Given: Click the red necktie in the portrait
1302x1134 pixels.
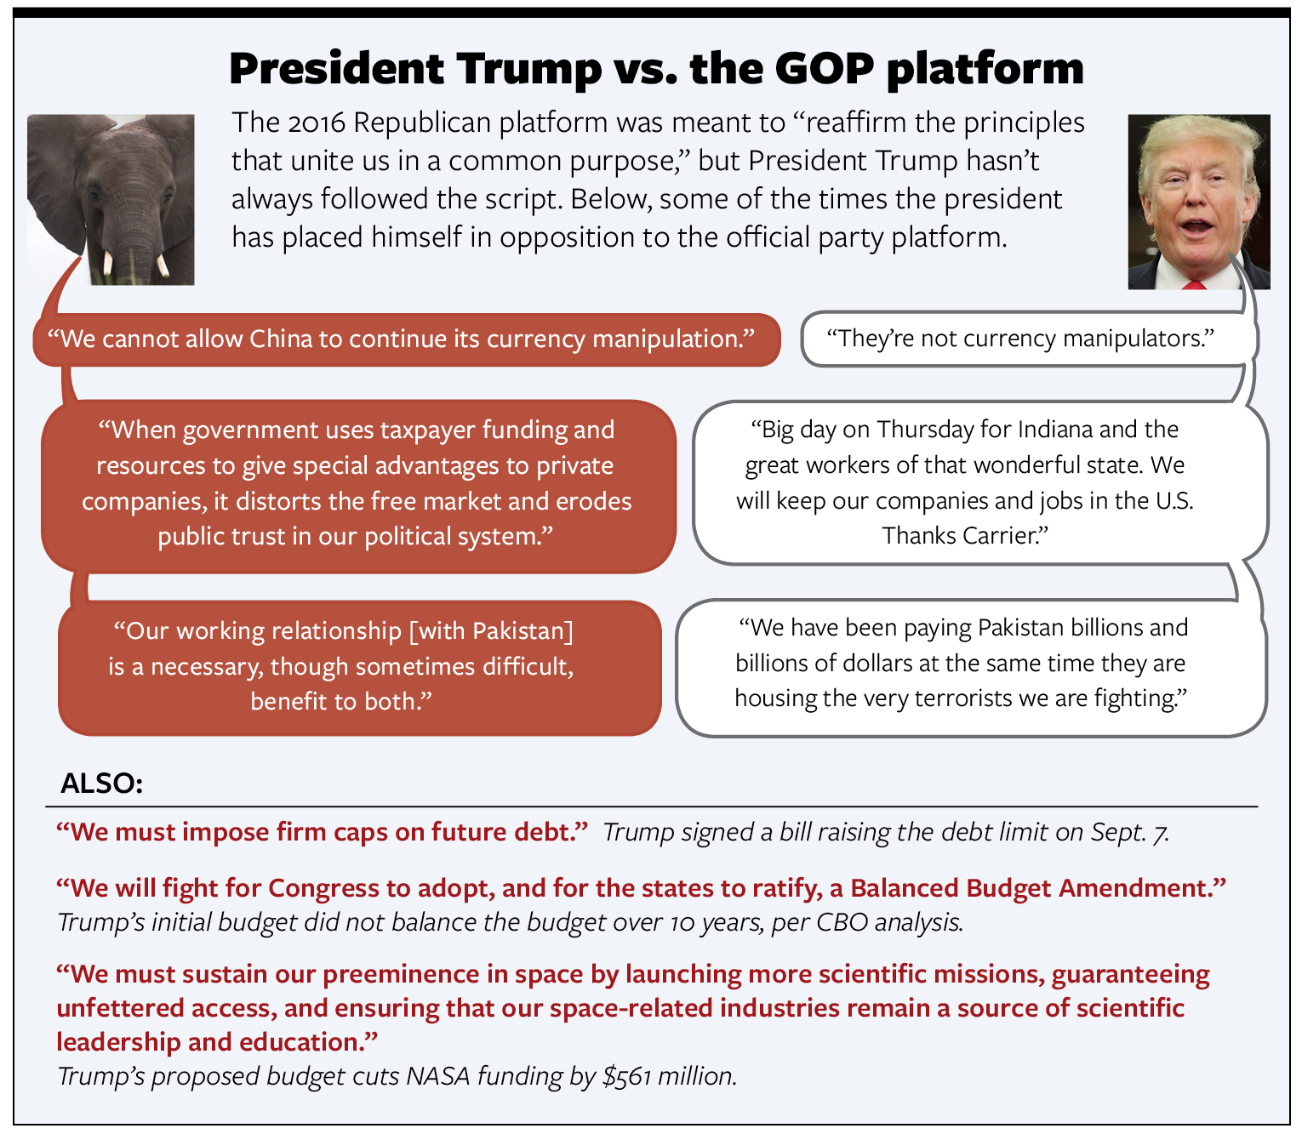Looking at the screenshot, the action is tap(1194, 285).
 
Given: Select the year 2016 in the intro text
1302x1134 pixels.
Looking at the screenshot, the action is tap(317, 123).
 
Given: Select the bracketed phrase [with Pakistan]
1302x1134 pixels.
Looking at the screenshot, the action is tap(491, 631).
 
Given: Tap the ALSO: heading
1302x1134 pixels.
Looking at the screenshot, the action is tap(102, 784).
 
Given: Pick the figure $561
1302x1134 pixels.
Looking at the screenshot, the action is tap(627, 1076).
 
